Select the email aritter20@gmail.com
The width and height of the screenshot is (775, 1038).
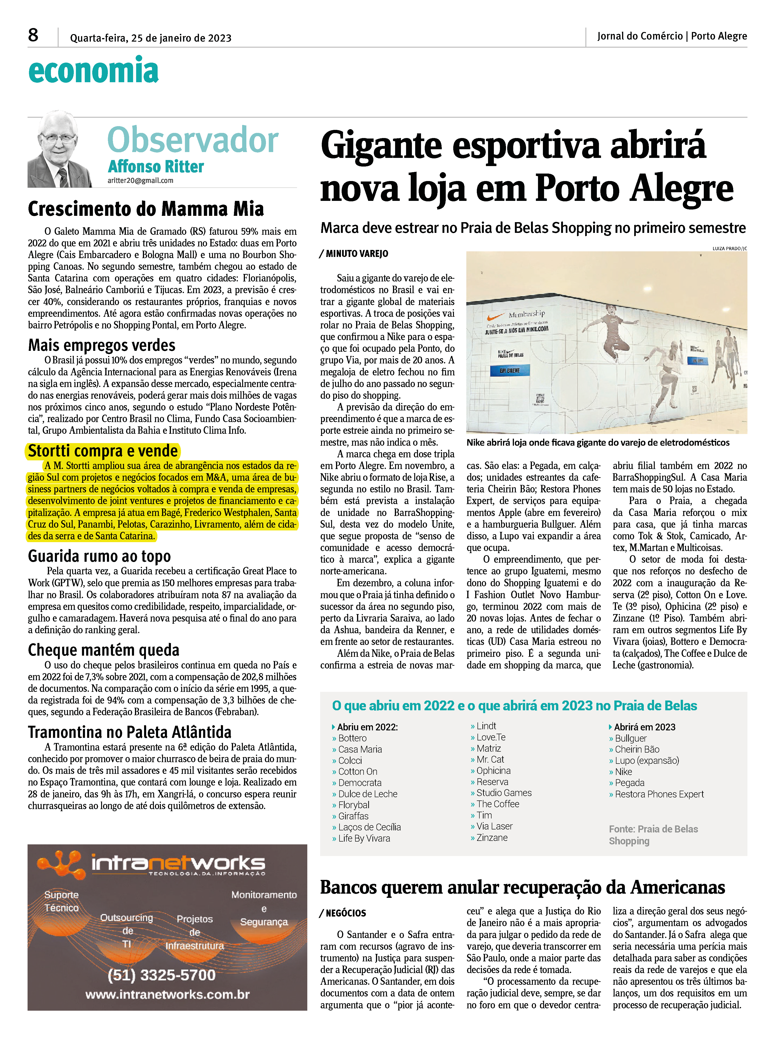pyautogui.click(x=140, y=181)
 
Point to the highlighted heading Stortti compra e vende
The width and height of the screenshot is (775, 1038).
pyautogui.click(x=103, y=451)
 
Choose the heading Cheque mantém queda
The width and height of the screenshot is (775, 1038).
pyautogui.click(x=103, y=650)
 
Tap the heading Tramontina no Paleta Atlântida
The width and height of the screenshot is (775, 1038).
pyautogui.click(x=130, y=732)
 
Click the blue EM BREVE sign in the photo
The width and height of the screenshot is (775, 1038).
pyautogui.click(x=509, y=371)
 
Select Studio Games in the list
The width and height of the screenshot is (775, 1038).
pyautogui.click(x=504, y=793)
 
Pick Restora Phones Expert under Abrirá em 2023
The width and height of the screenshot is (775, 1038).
pyautogui.click(x=659, y=794)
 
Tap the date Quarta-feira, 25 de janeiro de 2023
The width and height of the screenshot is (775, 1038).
pyautogui.click(x=151, y=38)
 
